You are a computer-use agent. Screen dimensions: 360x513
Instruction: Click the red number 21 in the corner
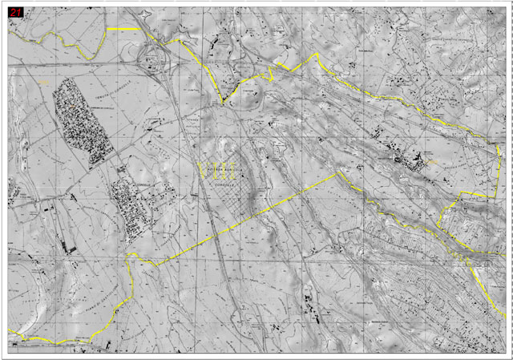click(16, 13)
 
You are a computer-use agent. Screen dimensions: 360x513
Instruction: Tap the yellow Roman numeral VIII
click(216, 168)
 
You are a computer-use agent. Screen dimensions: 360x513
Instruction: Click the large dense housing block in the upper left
click(80, 124)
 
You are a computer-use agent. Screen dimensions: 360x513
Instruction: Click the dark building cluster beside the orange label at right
click(413, 160)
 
